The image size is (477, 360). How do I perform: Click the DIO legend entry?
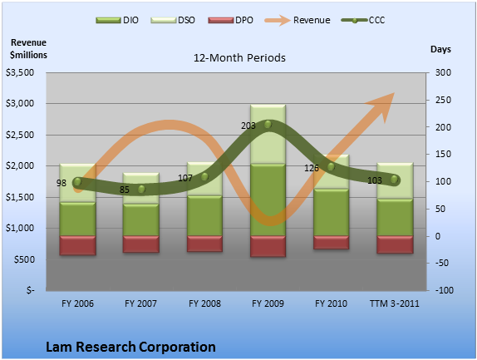(117, 20)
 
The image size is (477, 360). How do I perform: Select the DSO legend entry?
(173, 20)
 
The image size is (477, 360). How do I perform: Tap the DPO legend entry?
(230, 20)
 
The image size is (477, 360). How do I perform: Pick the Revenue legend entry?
(298, 20)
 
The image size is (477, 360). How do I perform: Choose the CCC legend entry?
(363, 20)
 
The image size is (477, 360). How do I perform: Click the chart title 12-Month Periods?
(239, 58)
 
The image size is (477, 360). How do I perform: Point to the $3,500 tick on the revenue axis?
(20, 72)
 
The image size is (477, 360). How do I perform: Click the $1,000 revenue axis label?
(20, 228)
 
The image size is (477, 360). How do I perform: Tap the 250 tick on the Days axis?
(443, 100)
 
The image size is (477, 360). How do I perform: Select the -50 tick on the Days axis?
(442, 263)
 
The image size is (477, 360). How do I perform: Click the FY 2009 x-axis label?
(268, 303)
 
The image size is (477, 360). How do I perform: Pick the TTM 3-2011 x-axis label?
(394, 303)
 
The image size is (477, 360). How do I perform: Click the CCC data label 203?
(248, 126)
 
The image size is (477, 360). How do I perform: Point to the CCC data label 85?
(124, 190)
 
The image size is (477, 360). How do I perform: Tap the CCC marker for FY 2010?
(331, 167)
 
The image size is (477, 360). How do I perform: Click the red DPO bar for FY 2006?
(77, 245)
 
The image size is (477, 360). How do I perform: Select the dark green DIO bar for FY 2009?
(268, 200)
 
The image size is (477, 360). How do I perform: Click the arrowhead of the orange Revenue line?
(382, 106)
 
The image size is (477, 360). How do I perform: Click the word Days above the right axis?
(440, 49)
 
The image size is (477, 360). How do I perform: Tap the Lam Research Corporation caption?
(130, 347)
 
